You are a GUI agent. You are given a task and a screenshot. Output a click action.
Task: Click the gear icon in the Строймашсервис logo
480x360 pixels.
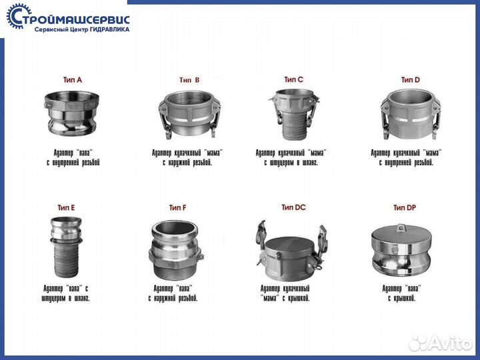[x=15, y=16]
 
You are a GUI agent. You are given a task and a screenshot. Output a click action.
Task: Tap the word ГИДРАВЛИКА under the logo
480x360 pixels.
[x=109, y=30]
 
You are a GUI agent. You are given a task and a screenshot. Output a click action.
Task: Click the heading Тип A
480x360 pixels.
[x=73, y=80]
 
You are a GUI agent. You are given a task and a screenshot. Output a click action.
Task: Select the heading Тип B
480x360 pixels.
[x=189, y=80]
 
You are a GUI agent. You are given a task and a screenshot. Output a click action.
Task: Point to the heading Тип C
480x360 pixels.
[x=293, y=79]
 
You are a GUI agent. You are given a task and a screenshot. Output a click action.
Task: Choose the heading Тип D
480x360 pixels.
[x=411, y=80]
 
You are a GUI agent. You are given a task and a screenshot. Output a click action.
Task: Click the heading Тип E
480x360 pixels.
[x=66, y=208]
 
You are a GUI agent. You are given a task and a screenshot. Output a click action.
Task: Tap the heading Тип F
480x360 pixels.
[x=177, y=208]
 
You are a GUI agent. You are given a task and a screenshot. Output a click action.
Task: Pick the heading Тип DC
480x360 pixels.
[x=293, y=207]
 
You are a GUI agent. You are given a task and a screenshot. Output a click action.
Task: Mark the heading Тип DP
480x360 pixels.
[x=405, y=208]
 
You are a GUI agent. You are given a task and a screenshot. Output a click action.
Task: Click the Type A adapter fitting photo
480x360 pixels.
[x=71, y=113]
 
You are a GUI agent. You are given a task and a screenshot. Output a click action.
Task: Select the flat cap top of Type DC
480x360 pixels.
[x=290, y=244]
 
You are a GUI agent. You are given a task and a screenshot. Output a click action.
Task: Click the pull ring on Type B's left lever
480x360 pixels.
[x=168, y=135]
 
